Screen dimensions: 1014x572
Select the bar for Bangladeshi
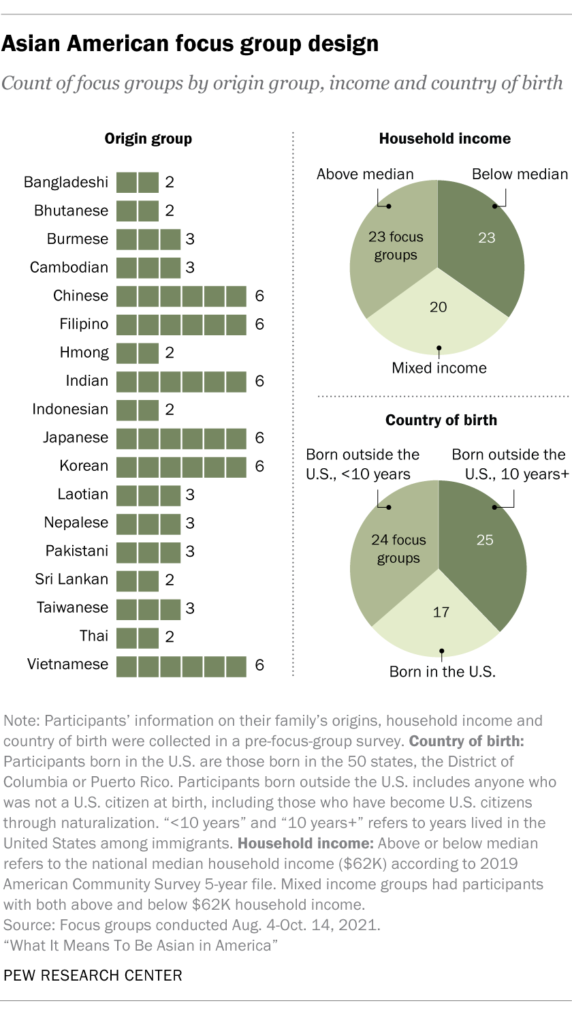point(137,182)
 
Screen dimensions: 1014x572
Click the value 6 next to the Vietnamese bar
point(259,664)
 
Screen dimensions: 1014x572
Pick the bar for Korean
point(181,466)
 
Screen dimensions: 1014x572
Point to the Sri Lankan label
point(71,579)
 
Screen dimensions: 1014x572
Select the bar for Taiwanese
point(148,608)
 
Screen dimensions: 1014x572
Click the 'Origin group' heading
point(148,139)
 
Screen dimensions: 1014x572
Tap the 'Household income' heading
point(445,139)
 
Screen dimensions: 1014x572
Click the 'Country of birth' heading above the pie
point(441,420)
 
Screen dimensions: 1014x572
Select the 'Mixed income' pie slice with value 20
point(438,313)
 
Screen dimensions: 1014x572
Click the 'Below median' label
point(520,174)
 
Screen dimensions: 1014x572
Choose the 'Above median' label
point(365,174)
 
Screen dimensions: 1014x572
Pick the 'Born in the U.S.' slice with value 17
point(439,617)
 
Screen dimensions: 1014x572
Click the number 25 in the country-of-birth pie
point(484,540)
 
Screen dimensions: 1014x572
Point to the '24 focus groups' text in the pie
point(398,549)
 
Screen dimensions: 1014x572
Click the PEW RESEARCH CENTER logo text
point(93,975)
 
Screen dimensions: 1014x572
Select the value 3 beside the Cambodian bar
point(190,267)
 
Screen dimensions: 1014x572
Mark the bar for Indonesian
point(137,409)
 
